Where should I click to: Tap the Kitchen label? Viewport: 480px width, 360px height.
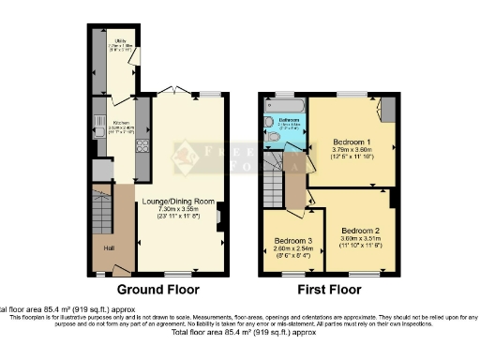[x=121, y=123]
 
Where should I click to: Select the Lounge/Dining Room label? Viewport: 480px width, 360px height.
[x=178, y=201]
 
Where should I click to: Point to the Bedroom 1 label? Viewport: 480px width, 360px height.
[x=352, y=142]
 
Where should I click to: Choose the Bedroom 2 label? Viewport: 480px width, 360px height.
[x=360, y=230]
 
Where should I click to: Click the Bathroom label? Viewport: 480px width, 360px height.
[x=288, y=120]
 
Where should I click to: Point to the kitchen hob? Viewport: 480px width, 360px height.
[x=142, y=145]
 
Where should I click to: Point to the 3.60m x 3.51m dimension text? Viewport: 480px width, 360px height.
[x=360, y=238]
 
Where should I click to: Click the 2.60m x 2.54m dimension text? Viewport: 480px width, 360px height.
[x=292, y=248]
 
